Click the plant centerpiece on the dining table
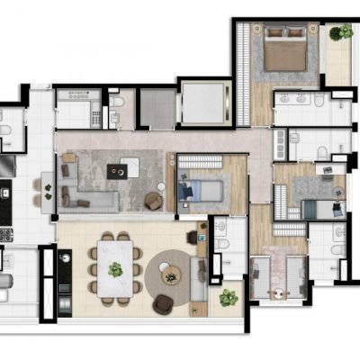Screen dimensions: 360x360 tap(115, 268)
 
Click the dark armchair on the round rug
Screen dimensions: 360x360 tap(165, 304)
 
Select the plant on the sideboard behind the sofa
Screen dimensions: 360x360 tap(193, 237)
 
